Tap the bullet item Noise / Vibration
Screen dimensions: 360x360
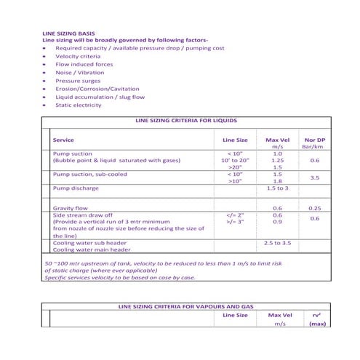coord(79,73)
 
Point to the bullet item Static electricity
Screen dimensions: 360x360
coord(79,105)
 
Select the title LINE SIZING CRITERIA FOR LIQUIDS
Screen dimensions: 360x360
coord(182,121)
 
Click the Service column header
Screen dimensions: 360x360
coord(63,140)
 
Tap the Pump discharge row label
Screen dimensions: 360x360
coord(76,188)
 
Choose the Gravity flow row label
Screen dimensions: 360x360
coord(71,209)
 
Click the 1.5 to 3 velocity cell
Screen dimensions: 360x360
coord(277,188)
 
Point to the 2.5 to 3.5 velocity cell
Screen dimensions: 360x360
coord(277,242)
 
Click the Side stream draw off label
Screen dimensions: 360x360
coord(81,215)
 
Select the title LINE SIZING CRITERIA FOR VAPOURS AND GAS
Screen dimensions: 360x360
coord(182,306)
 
